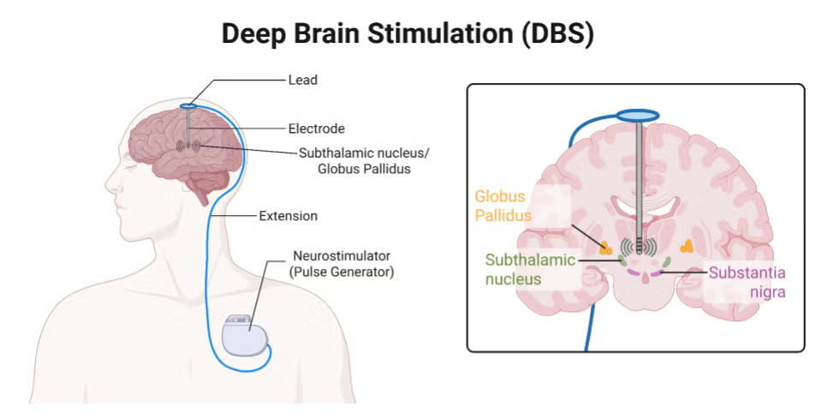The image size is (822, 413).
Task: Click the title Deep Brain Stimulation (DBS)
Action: (407, 34)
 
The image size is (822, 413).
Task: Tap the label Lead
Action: (303, 80)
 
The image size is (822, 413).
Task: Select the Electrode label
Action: (316, 129)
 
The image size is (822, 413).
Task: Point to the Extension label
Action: (288, 216)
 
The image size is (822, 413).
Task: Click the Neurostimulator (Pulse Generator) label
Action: (340, 264)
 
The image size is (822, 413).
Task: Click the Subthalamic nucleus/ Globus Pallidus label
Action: (354, 161)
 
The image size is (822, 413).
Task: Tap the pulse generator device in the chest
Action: (247, 333)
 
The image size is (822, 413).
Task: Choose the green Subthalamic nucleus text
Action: (525, 269)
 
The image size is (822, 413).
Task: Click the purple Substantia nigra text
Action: (747, 282)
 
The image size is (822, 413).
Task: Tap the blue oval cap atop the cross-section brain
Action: (639, 113)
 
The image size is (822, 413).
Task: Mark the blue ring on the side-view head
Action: (188, 105)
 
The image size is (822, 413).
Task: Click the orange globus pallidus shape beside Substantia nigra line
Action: (687, 247)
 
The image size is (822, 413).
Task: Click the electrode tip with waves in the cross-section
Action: (639, 247)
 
